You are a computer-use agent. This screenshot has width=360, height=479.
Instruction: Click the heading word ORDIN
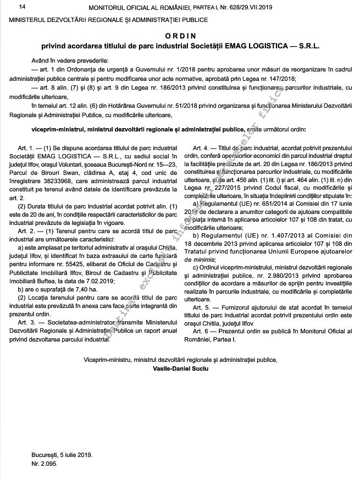pos(180,34)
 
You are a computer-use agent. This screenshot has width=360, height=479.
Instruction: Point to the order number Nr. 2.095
pos(45,464)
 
